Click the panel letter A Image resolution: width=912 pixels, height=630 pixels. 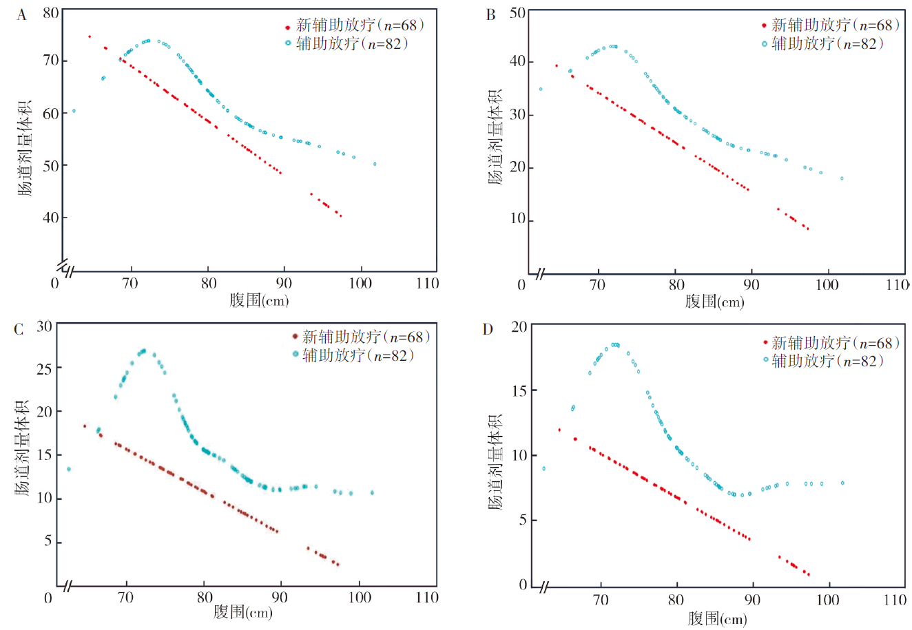(x=21, y=14)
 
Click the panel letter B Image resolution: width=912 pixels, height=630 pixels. (x=490, y=14)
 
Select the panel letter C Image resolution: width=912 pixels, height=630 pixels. (x=19, y=328)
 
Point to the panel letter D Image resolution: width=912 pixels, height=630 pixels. (x=488, y=329)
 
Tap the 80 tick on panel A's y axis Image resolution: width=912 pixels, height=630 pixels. (x=50, y=12)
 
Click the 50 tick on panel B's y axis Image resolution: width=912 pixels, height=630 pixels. (x=517, y=12)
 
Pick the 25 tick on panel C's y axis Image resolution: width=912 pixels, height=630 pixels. (x=44, y=368)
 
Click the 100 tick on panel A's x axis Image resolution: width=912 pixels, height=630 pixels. (x=360, y=283)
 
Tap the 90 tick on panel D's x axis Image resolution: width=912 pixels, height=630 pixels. (x=752, y=600)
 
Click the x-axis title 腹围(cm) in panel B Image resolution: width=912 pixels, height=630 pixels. (x=714, y=301)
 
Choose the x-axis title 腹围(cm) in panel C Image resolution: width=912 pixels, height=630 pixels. (x=243, y=611)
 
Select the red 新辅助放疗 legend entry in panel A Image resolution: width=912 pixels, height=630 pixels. (x=355, y=25)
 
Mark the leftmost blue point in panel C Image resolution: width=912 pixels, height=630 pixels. (x=68, y=469)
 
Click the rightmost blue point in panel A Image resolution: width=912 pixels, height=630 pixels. (x=375, y=164)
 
